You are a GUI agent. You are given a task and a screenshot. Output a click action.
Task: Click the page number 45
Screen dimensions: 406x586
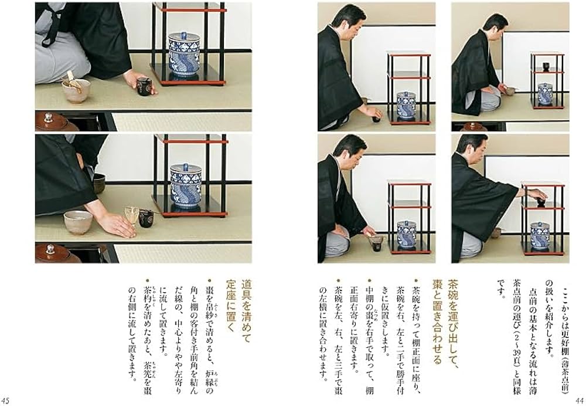coord(8,400)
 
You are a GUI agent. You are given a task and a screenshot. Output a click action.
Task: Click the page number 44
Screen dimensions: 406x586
coord(578,400)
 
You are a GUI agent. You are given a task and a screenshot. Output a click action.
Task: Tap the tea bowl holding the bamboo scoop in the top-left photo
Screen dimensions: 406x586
coord(76,90)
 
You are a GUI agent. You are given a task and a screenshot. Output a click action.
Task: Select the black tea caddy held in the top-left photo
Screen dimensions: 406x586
coord(144,86)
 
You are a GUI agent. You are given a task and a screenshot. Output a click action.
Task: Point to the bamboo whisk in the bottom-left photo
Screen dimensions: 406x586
coord(132,214)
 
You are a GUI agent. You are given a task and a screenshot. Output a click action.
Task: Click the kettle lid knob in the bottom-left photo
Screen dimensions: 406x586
coord(48,248)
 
